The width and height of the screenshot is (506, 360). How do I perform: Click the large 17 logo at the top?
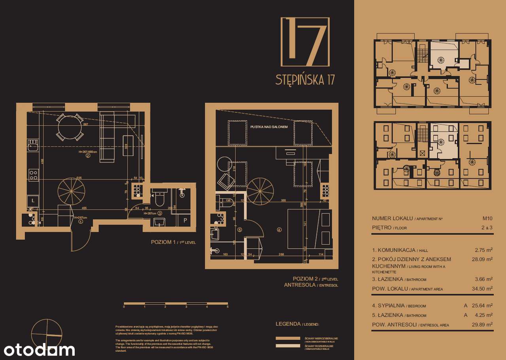[305, 42]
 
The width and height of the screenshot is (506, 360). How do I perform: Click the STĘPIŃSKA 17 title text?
[305, 80]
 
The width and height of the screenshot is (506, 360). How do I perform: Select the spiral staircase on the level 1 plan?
[71, 191]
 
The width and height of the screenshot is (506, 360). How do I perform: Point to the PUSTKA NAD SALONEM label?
[269, 127]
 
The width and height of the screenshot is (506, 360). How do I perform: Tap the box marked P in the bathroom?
[185, 221]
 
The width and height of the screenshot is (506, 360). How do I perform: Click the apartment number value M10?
[487, 219]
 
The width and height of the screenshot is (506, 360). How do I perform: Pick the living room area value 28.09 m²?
[483, 260]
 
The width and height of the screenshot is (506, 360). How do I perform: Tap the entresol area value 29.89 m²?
[483, 325]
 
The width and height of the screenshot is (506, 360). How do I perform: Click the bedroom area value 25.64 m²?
[483, 305]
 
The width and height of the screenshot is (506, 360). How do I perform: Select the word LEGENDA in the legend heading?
[288, 324]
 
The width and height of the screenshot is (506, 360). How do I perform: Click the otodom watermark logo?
[39, 350]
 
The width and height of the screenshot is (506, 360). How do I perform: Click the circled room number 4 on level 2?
[279, 229]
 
